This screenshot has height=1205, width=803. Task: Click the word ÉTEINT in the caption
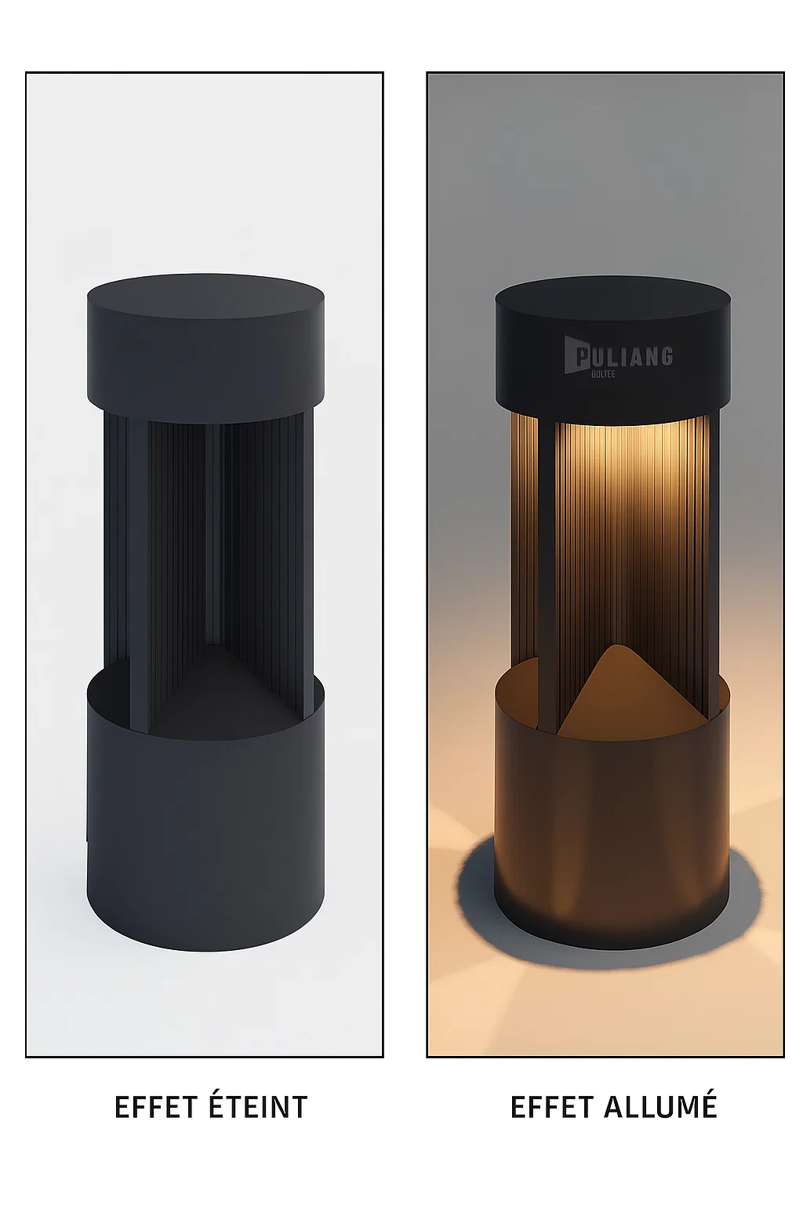(x=259, y=1107)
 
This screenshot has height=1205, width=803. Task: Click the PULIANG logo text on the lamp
(x=619, y=357)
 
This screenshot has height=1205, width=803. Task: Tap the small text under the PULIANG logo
(x=603, y=374)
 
